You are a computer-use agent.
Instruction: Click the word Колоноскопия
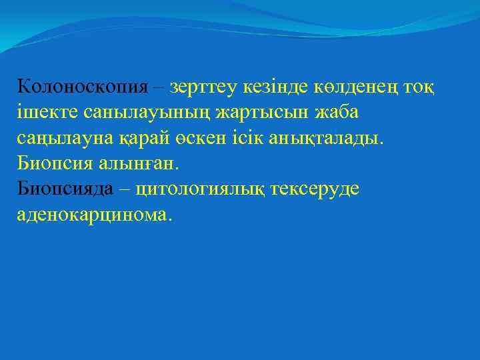tap(83, 86)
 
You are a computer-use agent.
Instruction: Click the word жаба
tap(337, 111)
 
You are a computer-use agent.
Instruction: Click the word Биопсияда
tap(65, 189)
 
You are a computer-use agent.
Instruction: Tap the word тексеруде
tap(315, 189)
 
